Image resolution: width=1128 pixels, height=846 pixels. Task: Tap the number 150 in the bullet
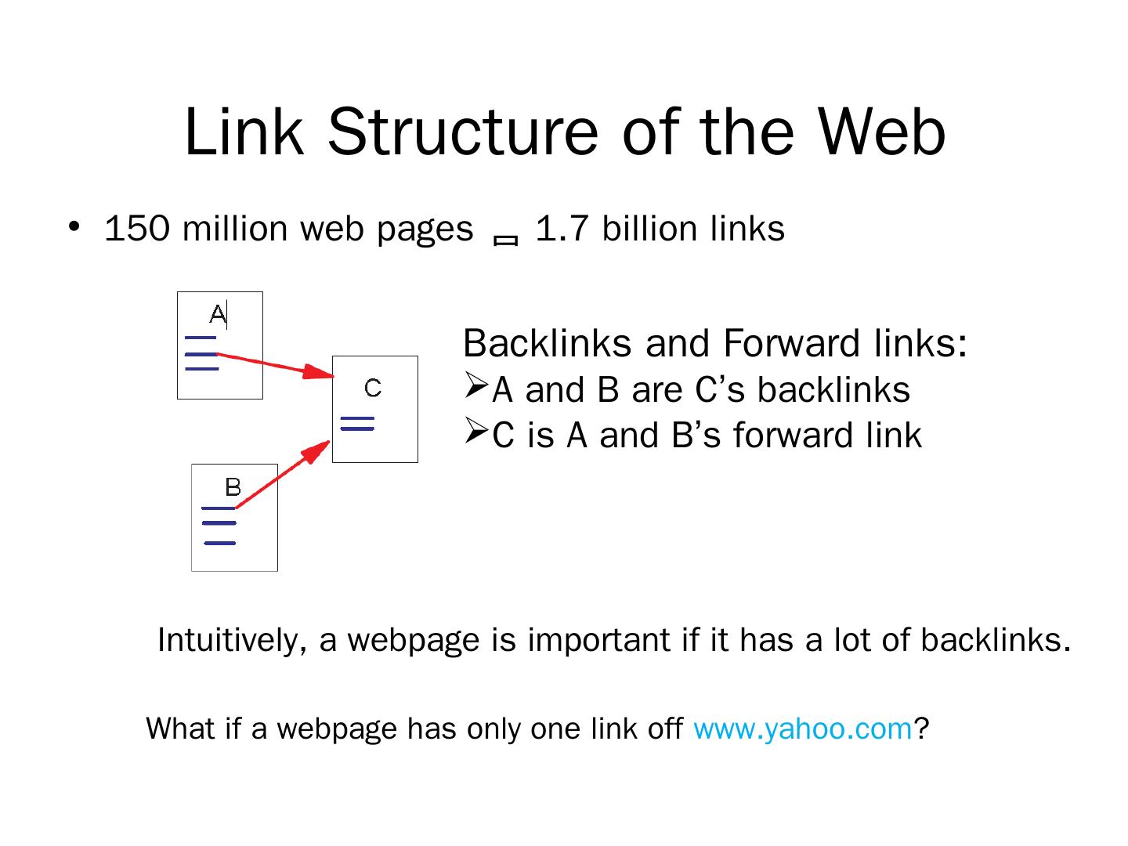(x=136, y=229)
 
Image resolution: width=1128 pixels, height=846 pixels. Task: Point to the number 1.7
(x=561, y=229)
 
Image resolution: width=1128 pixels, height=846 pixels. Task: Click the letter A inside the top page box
(x=218, y=315)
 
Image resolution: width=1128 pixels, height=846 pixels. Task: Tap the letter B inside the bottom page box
(x=233, y=487)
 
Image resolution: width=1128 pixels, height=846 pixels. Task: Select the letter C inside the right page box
(x=373, y=388)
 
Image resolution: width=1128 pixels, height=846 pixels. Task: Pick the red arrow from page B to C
(x=282, y=475)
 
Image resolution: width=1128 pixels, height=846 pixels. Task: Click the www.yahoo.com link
(x=803, y=728)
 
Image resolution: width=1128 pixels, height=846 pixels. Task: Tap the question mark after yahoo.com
(x=921, y=728)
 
